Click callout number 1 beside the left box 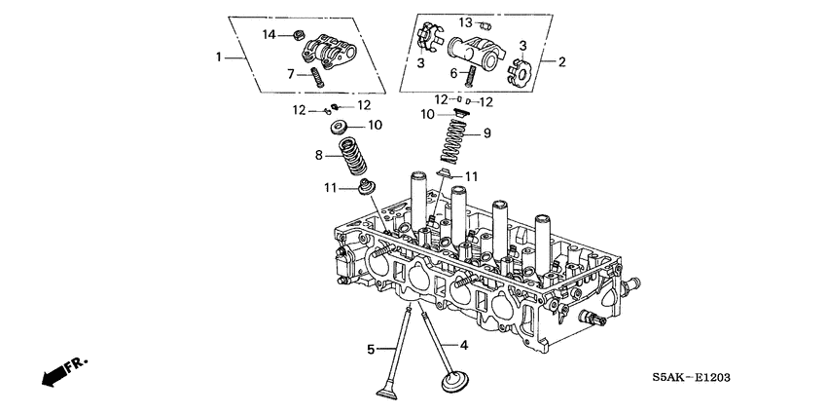click(x=219, y=57)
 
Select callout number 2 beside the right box click(x=561, y=60)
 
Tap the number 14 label click(x=270, y=35)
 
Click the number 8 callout click(x=317, y=154)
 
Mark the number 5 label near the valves click(x=371, y=349)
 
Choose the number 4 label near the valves click(x=463, y=344)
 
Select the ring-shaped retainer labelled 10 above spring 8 click(x=341, y=127)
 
